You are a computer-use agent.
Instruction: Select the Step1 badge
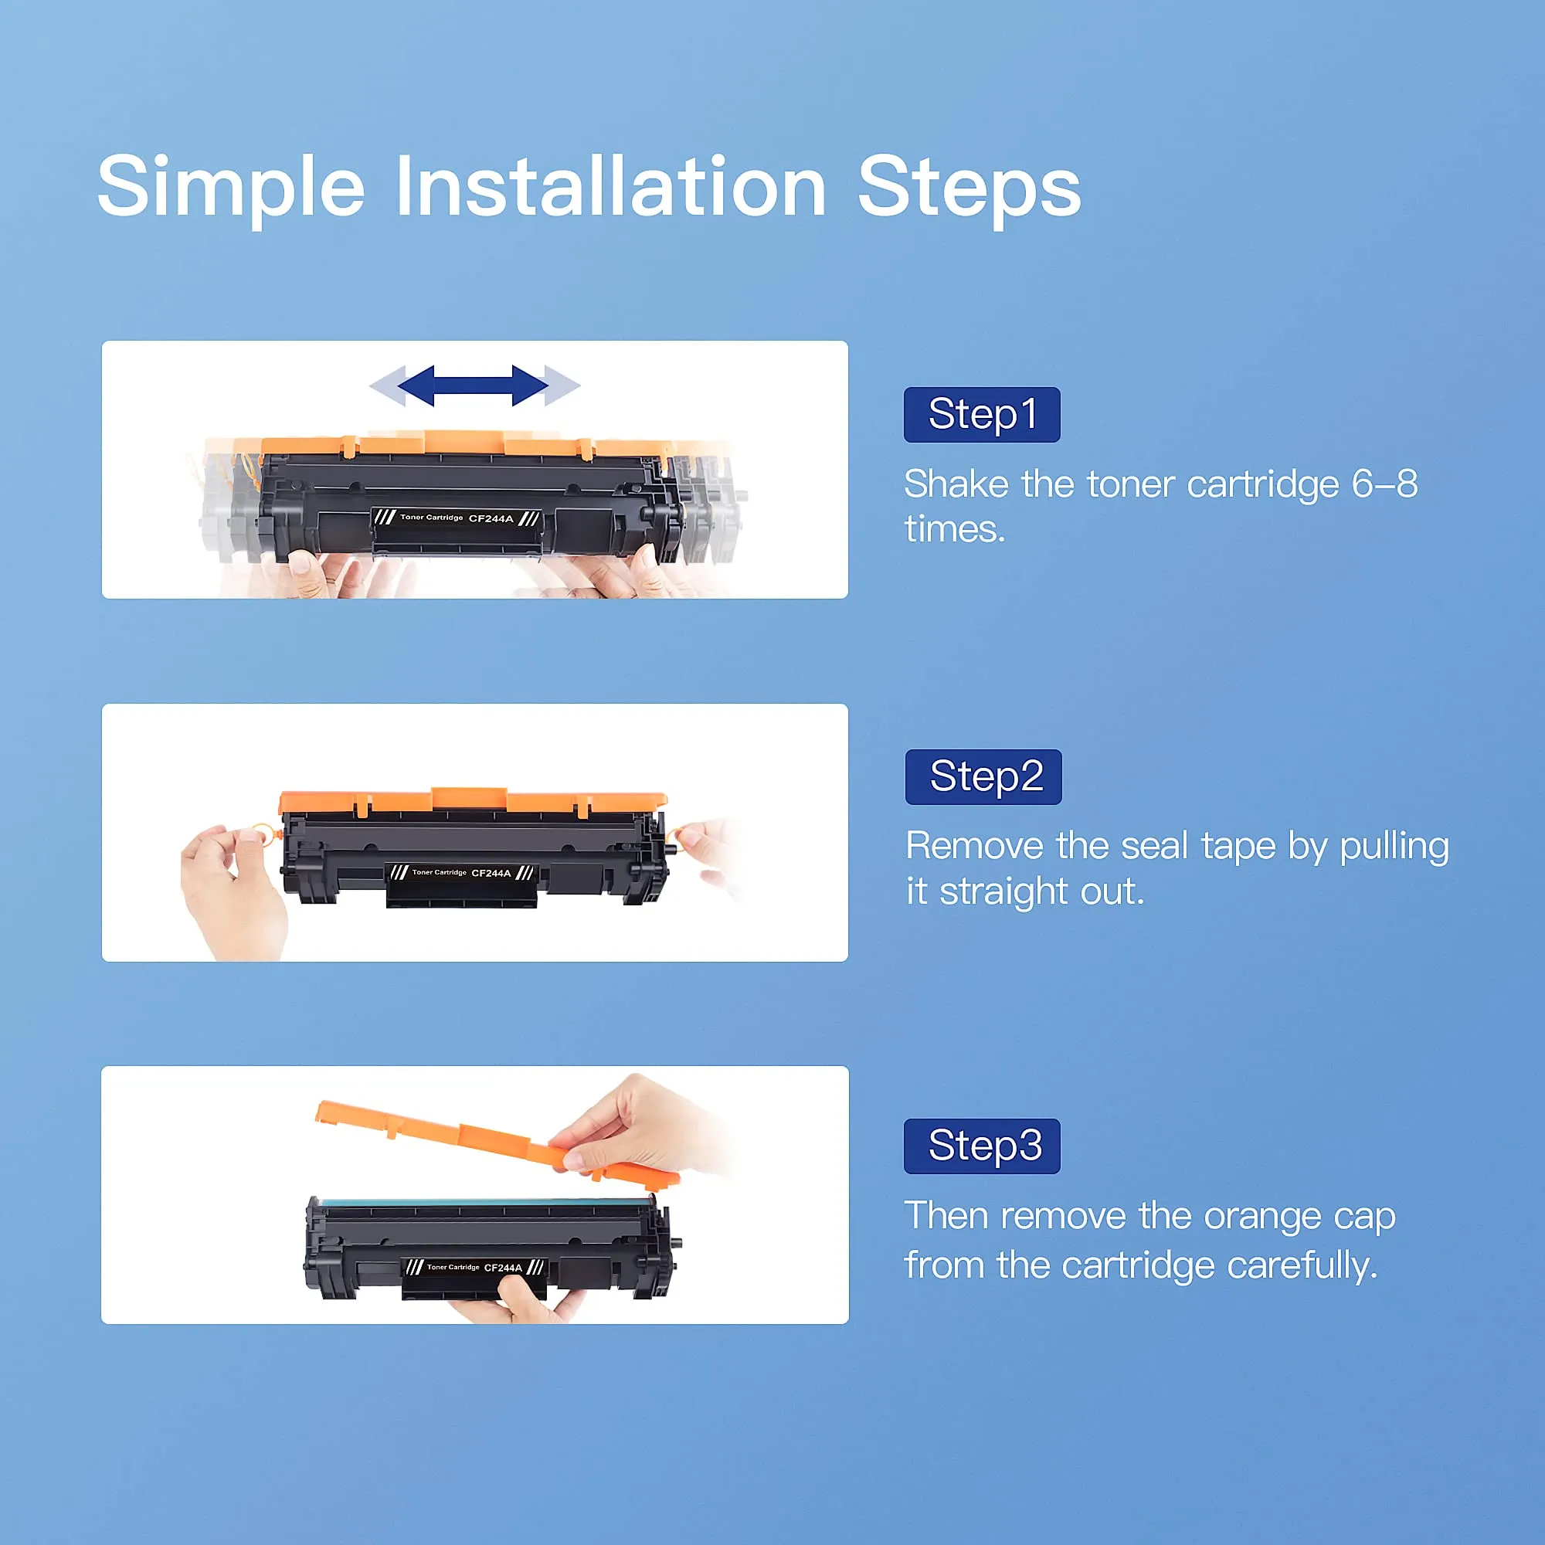[x=982, y=414]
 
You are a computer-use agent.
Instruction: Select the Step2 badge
[x=983, y=776]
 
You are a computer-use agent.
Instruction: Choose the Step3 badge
[x=982, y=1146]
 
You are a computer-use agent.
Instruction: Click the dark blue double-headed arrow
[x=474, y=385]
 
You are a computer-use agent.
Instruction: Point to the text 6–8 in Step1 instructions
[x=1384, y=484]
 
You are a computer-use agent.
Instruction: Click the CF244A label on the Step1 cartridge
[x=491, y=519]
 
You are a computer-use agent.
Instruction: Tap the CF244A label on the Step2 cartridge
[x=491, y=873]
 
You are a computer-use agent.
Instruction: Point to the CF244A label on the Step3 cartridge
[x=503, y=1268]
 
